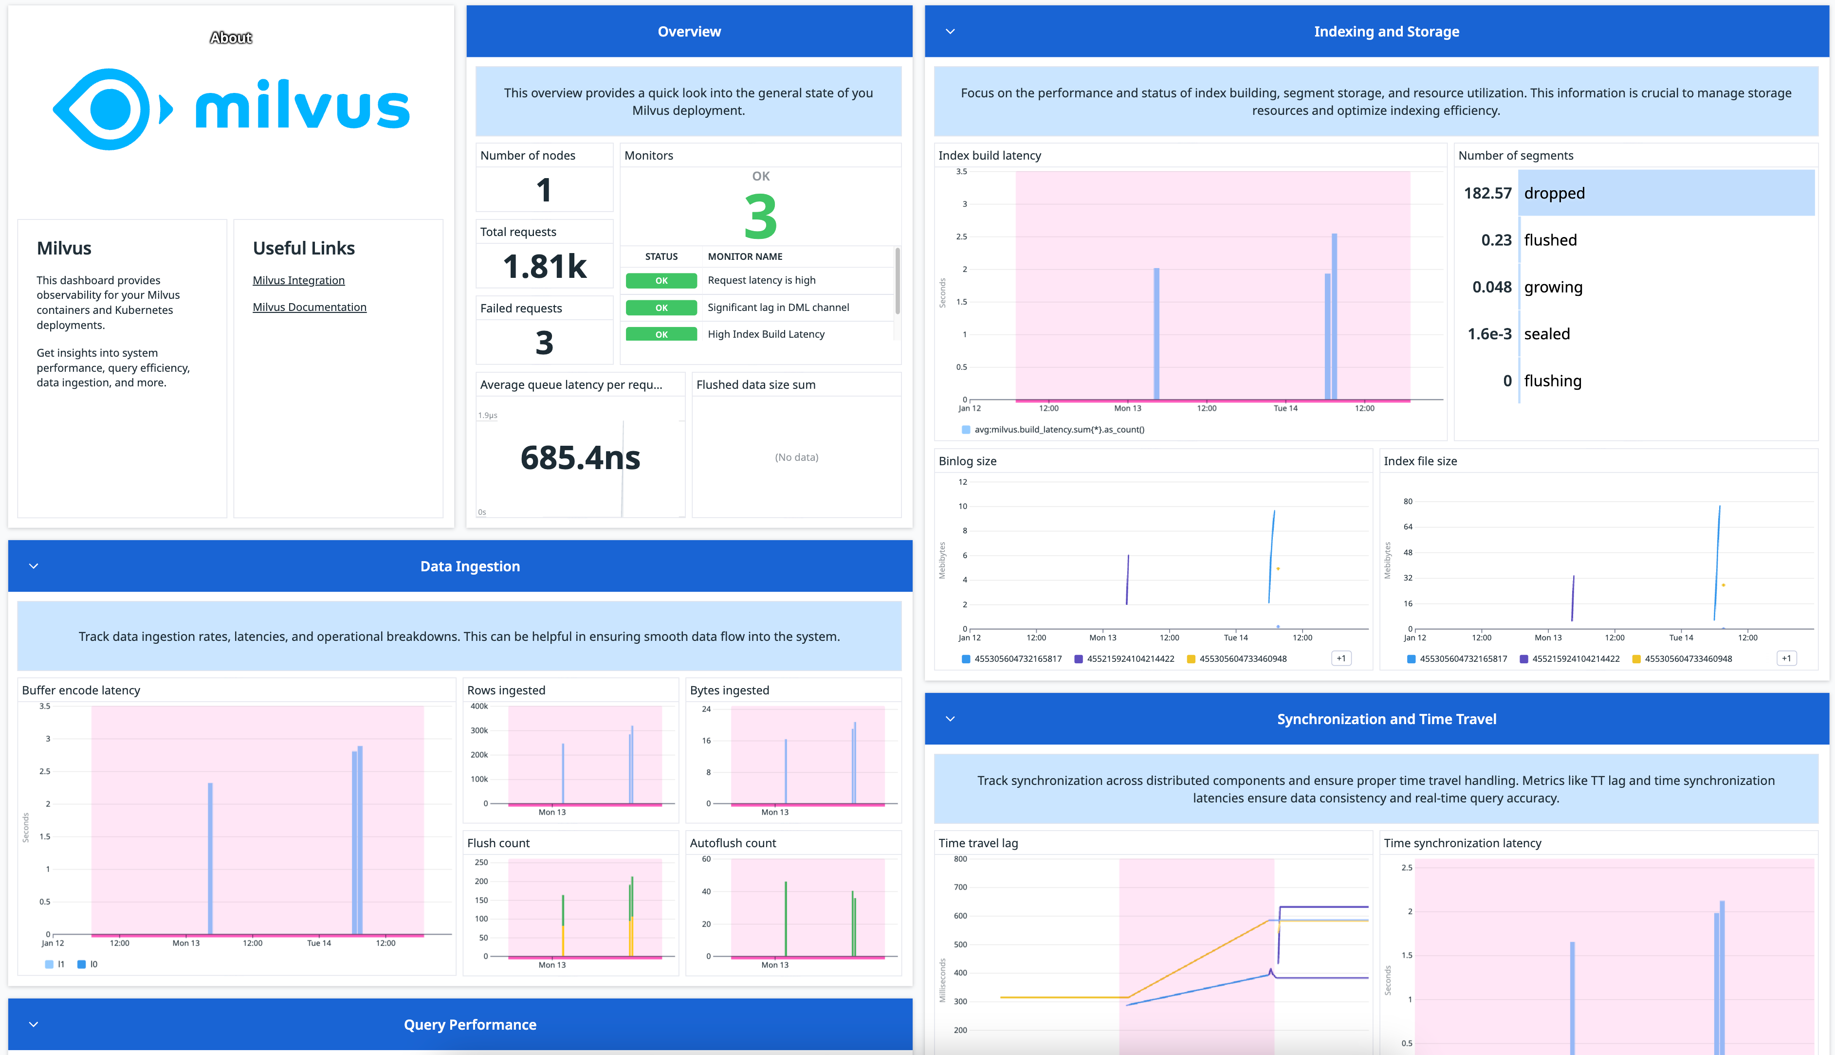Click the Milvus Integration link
298,280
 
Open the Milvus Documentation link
310,307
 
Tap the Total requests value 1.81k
544,267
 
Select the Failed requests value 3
544,343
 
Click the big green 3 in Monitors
760,217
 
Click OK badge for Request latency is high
661,280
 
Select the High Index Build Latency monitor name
766,334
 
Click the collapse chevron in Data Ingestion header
33,566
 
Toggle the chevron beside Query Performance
33,1024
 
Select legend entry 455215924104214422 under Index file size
1575,659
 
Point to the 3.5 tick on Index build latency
961,172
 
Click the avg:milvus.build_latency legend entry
1058,430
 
